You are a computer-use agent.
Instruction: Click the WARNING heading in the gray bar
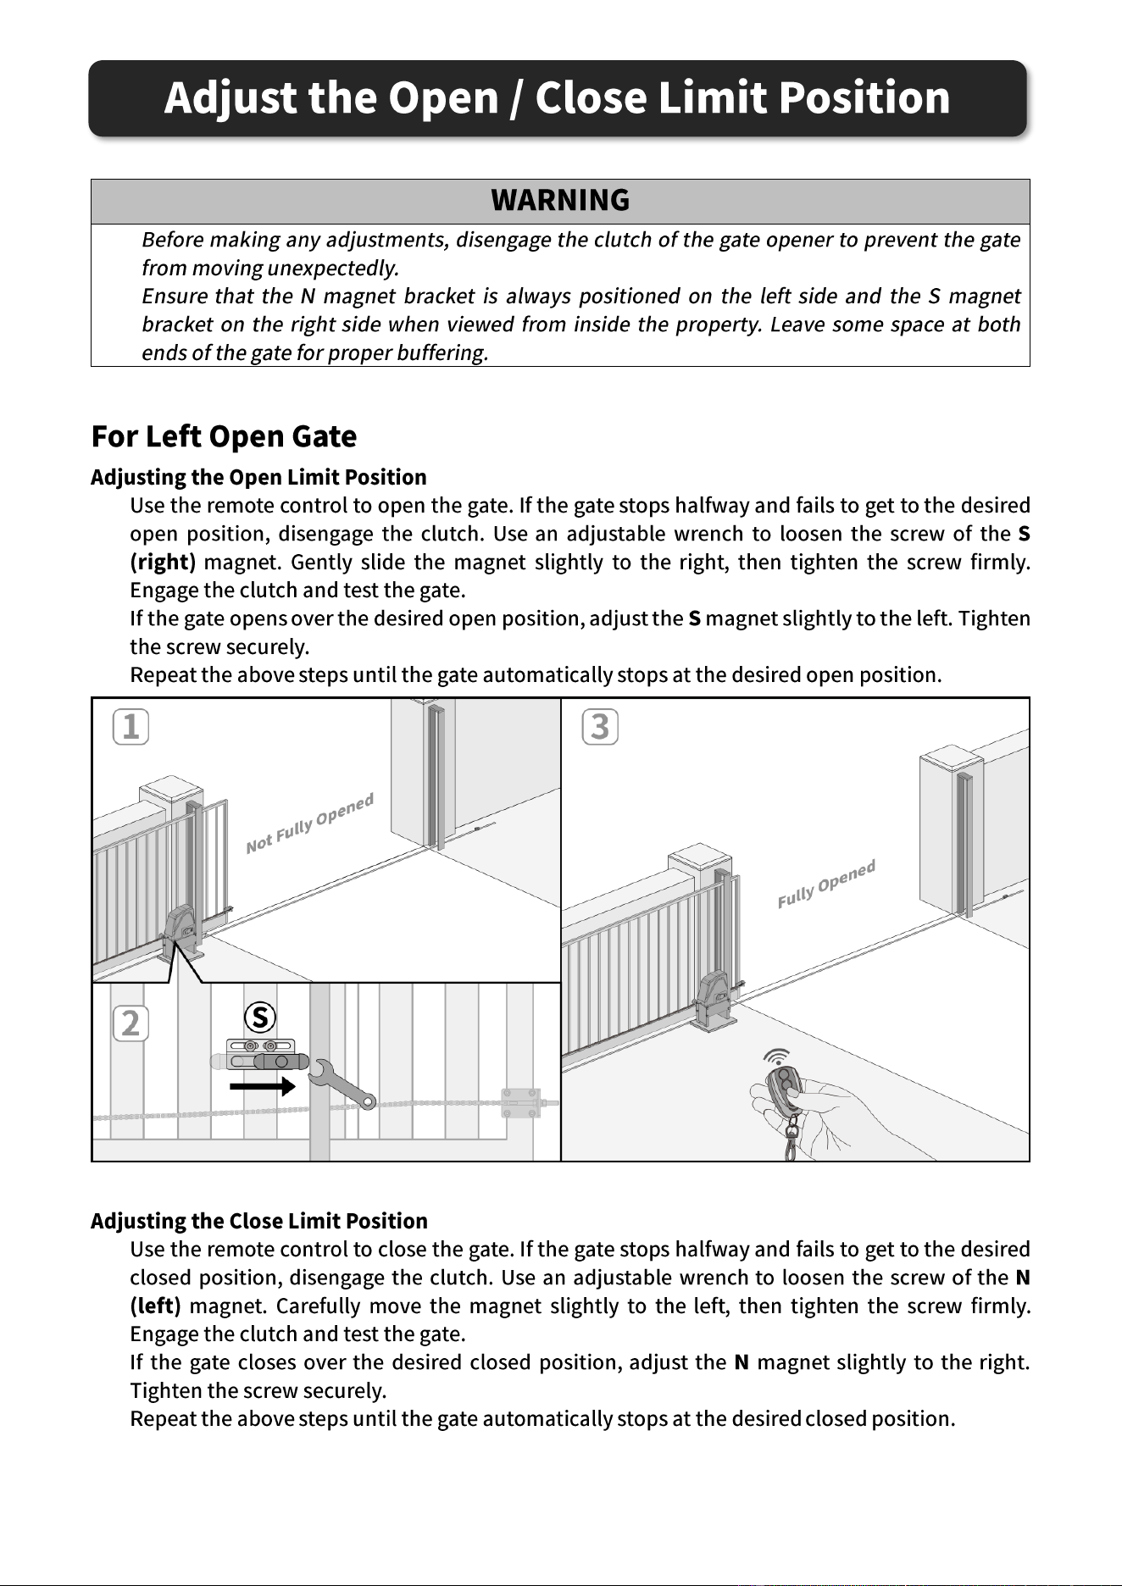[x=560, y=201]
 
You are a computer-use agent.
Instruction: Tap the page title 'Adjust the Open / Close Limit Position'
[x=557, y=97]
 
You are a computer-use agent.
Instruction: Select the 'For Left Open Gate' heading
[x=224, y=437]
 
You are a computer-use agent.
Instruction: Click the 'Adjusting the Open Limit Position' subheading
[x=258, y=477]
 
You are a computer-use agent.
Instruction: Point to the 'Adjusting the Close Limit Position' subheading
[x=258, y=1221]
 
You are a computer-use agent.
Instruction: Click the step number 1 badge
[x=131, y=727]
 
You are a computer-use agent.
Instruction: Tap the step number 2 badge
[x=131, y=1024]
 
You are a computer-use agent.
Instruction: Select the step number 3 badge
[x=600, y=727]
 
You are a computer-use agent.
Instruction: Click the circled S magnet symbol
[x=260, y=1018]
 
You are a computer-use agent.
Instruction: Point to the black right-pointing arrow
[x=263, y=1085]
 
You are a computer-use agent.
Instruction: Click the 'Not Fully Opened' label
[x=310, y=823]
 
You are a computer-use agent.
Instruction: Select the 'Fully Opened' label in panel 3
[x=826, y=884]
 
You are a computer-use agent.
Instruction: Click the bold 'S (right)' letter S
[x=1024, y=535]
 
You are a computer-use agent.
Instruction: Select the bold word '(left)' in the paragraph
[x=155, y=1306]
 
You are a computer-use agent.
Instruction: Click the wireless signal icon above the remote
[x=776, y=1056]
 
